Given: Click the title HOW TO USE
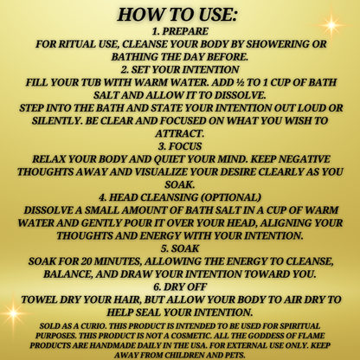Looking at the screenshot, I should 180,16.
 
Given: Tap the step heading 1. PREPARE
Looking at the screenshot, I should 180,32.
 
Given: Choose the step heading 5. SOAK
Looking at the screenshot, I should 180,247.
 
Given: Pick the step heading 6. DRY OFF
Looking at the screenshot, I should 180,286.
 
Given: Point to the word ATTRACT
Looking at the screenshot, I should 180,134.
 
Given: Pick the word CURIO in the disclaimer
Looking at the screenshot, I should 88,327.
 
